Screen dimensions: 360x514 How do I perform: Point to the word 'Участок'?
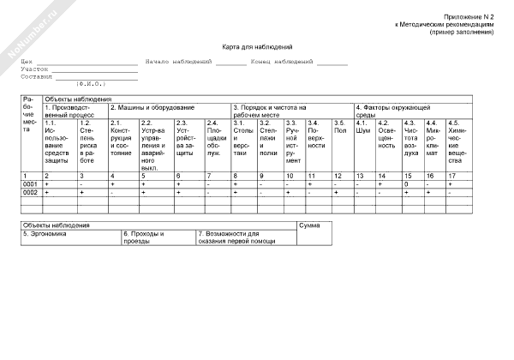(35, 69)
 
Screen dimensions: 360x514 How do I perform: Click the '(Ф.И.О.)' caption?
(92, 82)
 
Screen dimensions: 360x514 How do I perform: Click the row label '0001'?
(30, 184)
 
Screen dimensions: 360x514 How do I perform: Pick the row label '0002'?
(30, 193)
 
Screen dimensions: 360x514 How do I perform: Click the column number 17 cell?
(452, 176)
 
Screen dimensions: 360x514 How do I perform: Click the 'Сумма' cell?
(310, 225)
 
